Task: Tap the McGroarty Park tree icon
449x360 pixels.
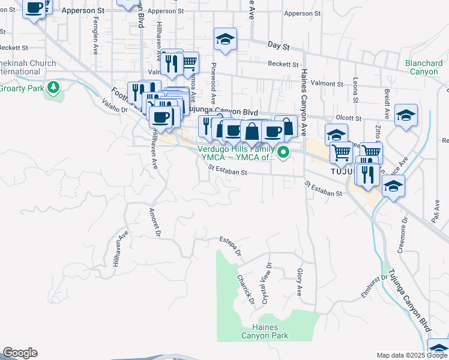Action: (x=54, y=88)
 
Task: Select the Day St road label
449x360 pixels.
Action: (x=279, y=46)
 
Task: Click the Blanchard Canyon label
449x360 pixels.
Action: (x=424, y=67)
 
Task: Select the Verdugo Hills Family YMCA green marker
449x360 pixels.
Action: (x=285, y=152)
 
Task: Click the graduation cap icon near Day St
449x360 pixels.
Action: (x=226, y=40)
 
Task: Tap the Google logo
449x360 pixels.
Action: (x=20, y=353)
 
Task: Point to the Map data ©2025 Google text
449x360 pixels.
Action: (x=412, y=355)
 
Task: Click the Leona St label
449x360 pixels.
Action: (x=356, y=91)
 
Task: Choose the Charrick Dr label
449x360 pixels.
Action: (x=246, y=289)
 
